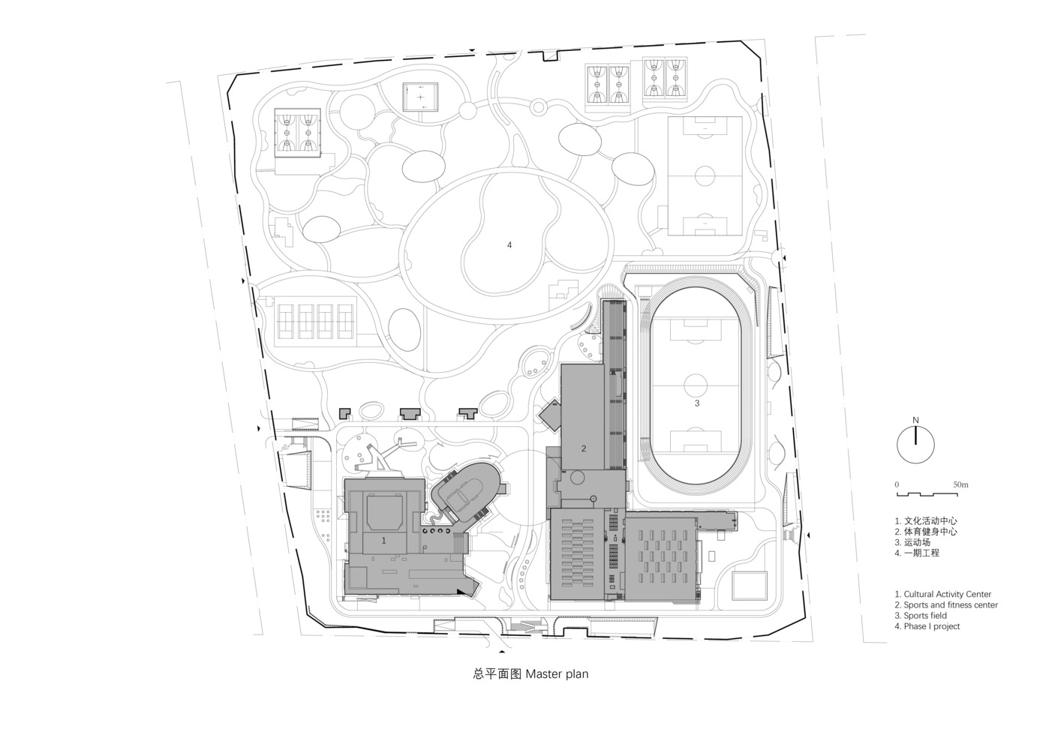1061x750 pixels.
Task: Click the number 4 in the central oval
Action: pyautogui.click(x=509, y=244)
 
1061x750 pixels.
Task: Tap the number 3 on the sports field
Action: pyautogui.click(x=697, y=403)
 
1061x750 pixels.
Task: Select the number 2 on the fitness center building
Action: pyautogui.click(x=584, y=448)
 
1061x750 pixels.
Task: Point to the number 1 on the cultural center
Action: pyautogui.click(x=383, y=540)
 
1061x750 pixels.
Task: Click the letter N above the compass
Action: pyautogui.click(x=915, y=420)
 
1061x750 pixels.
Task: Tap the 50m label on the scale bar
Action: pyautogui.click(x=961, y=484)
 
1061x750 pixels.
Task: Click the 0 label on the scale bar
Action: pyautogui.click(x=897, y=484)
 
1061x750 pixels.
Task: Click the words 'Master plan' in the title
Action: pyautogui.click(x=557, y=673)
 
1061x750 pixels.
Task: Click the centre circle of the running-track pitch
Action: pyautogui.click(x=696, y=385)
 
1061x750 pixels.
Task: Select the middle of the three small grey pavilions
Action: pyautogui.click(x=410, y=413)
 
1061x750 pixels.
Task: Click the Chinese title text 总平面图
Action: pyautogui.click(x=497, y=673)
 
